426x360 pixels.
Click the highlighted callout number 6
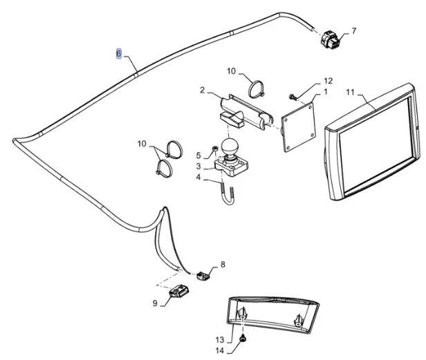pyautogui.click(x=118, y=53)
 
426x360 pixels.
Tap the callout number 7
pyautogui.click(x=353, y=31)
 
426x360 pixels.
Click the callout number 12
pyautogui.click(x=328, y=81)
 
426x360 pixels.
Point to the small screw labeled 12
pyautogui.click(x=293, y=95)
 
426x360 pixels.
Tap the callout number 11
pyautogui.click(x=350, y=92)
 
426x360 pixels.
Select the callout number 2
pyautogui.click(x=202, y=90)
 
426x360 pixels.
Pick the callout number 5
pyautogui.click(x=197, y=155)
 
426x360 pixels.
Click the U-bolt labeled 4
pyautogui.click(x=228, y=196)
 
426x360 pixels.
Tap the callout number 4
pyautogui.click(x=198, y=178)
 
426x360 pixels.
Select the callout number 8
pyautogui.click(x=223, y=265)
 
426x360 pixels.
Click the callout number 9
pyautogui.click(x=155, y=302)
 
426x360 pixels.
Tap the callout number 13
pyautogui.click(x=219, y=339)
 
